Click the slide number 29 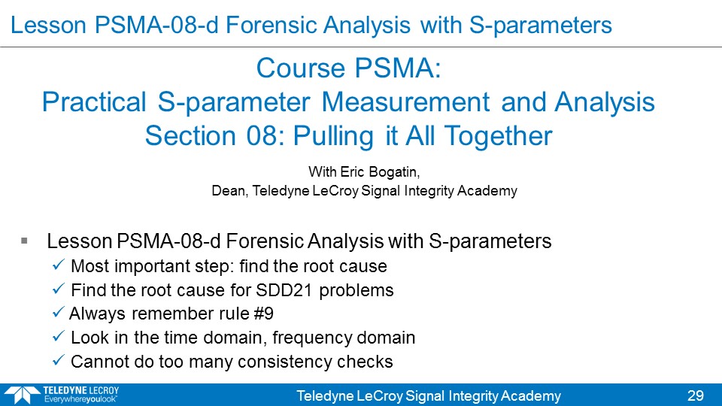695,395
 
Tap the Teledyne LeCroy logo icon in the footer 22,395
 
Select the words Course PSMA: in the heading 348,68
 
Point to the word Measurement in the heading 405,101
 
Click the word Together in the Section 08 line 498,136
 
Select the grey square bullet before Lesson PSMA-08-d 24,241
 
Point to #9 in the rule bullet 263,314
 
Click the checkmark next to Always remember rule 58,312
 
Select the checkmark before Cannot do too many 58,359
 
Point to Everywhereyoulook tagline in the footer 80,399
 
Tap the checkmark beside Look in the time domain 58,336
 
